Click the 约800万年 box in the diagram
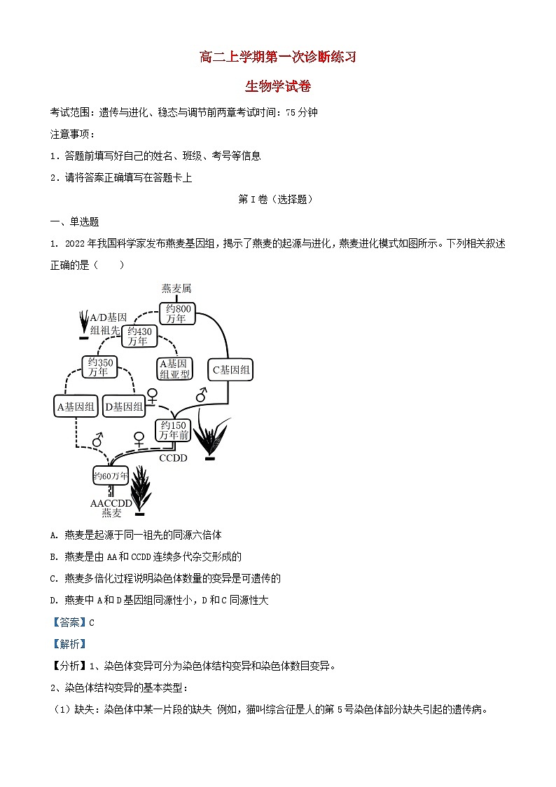click(176, 313)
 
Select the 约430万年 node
click(139, 336)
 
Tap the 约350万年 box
click(99, 367)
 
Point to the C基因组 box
click(231, 371)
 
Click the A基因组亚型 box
click(174, 369)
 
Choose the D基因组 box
click(124, 406)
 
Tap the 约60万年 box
click(111, 477)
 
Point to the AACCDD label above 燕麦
click(111, 503)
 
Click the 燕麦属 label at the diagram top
click(176, 288)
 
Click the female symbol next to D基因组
click(152, 396)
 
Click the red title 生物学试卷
click(278, 87)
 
